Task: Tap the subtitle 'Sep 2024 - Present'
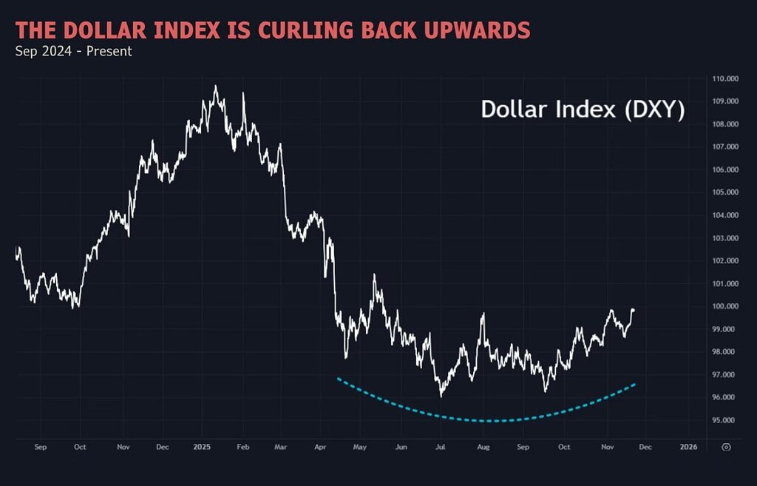[73, 51]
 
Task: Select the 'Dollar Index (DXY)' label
[583, 110]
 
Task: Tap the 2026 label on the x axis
[688, 447]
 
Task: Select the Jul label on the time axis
[440, 447]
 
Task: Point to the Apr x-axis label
[319, 447]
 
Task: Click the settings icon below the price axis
[727, 447]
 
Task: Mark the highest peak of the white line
[215, 86]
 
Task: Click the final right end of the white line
[634, 310]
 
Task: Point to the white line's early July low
[441, 396]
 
